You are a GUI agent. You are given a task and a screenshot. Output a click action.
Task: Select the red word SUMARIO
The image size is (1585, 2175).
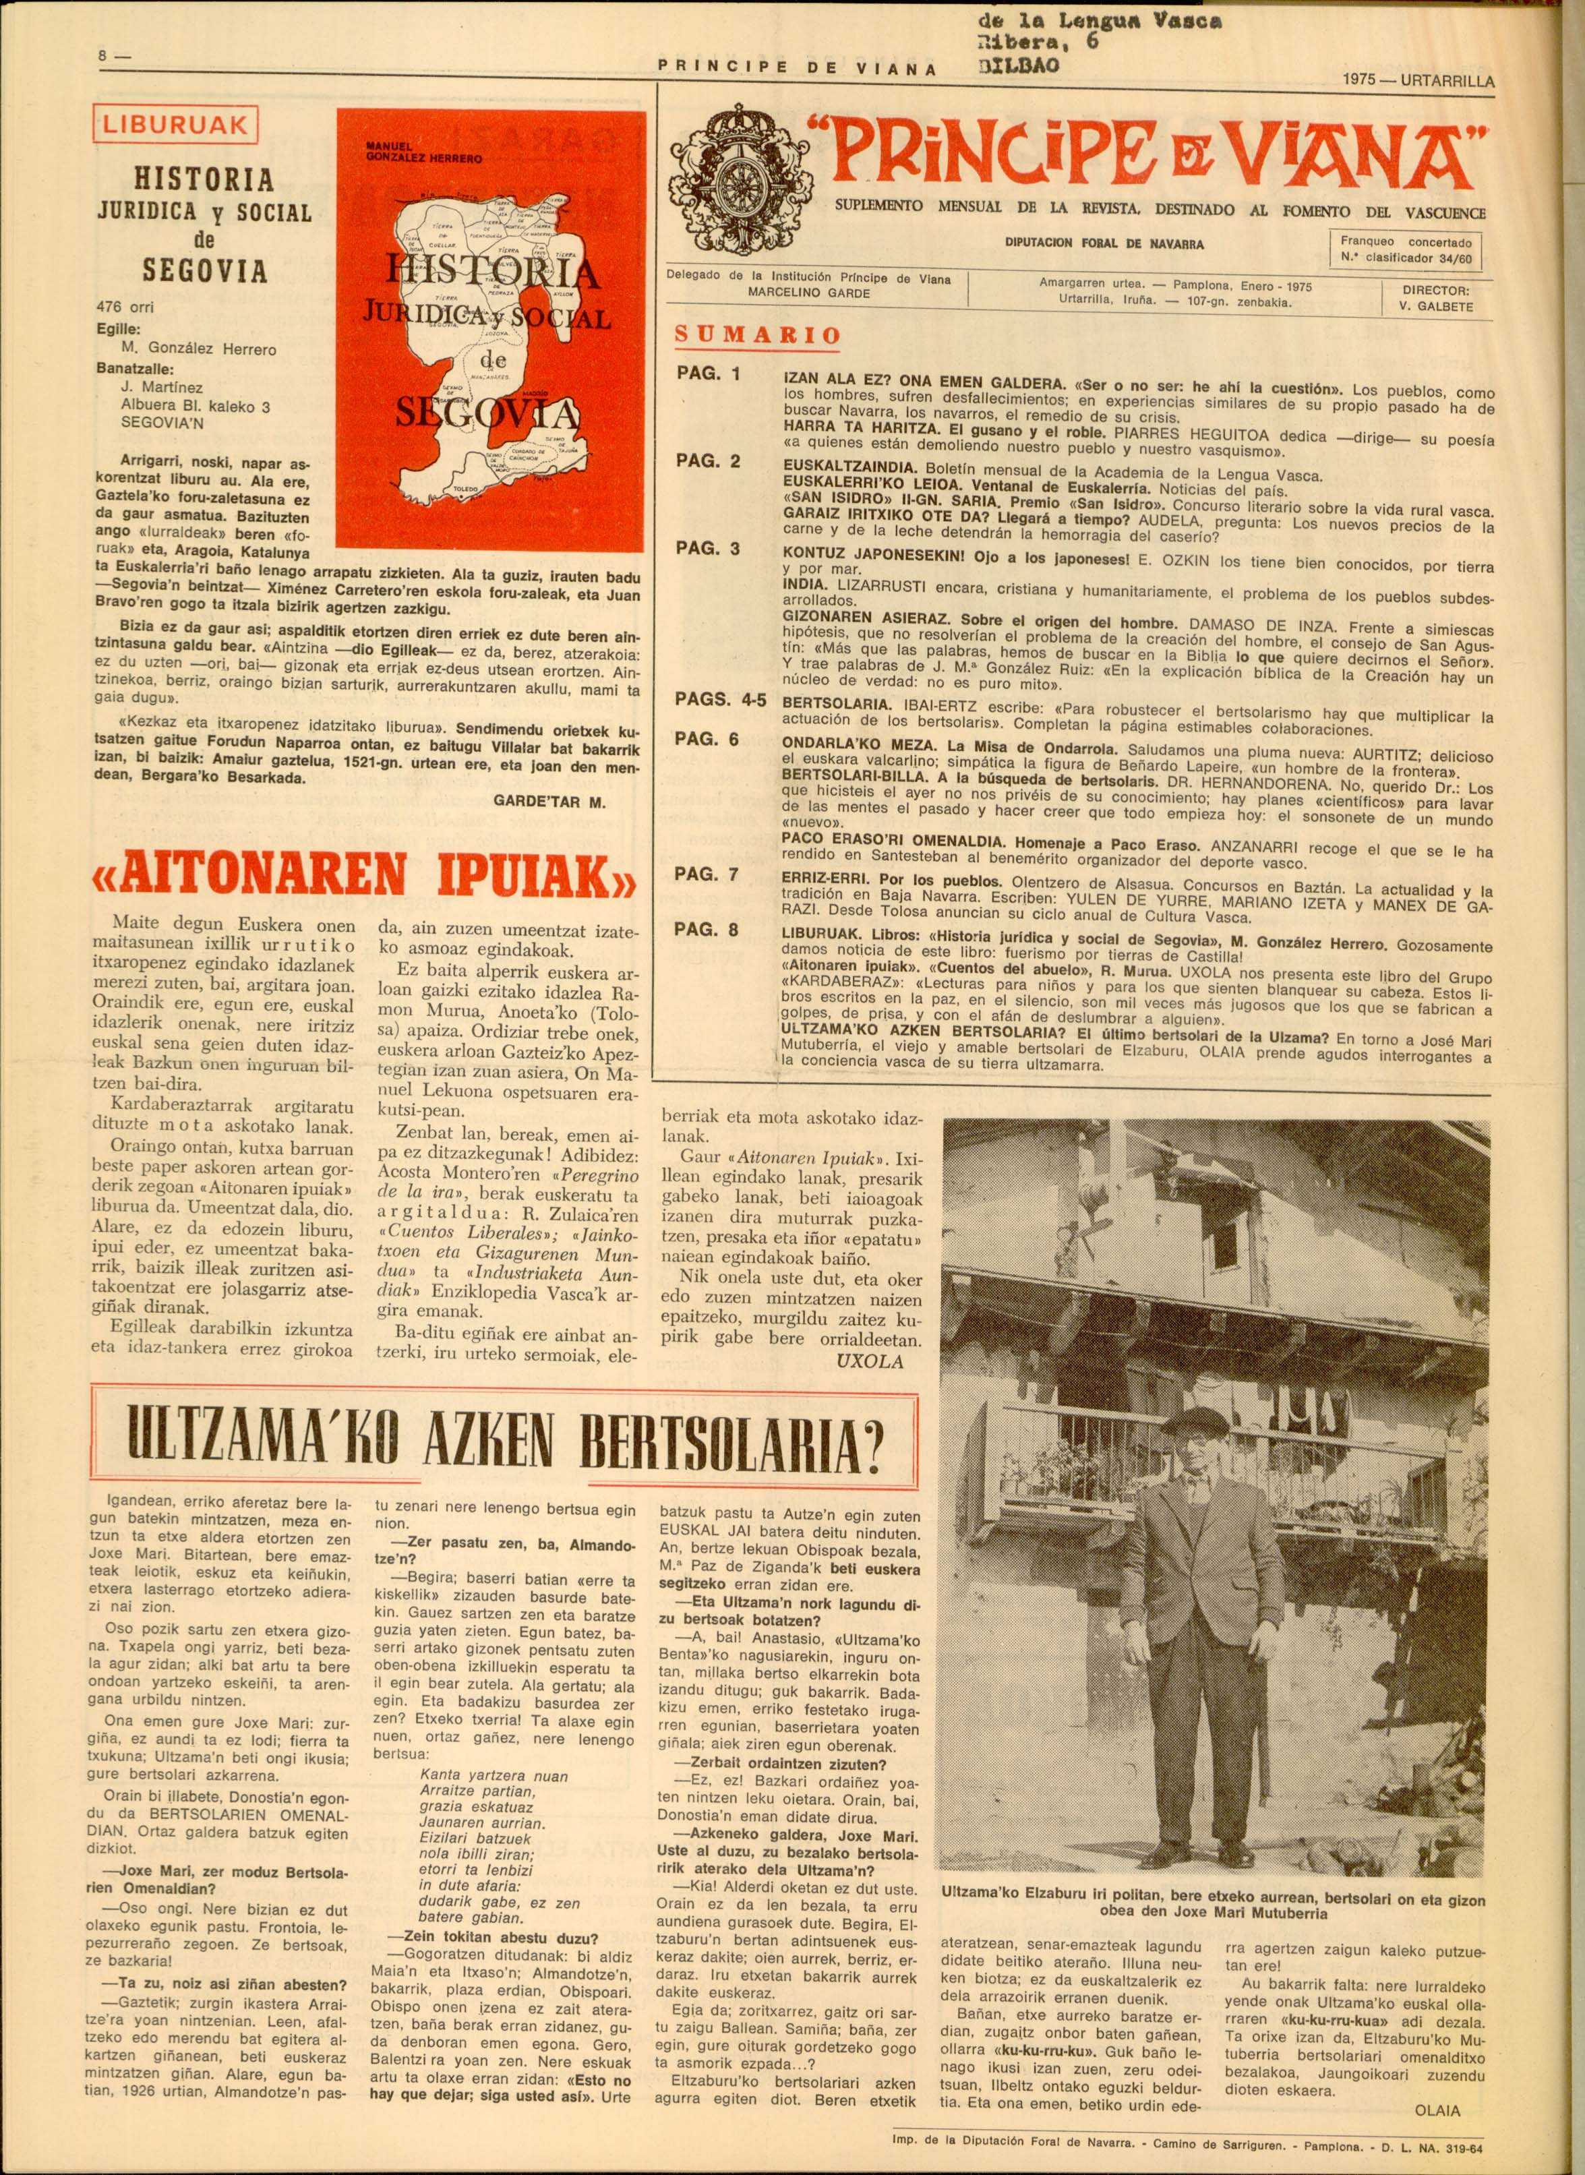coord(758,335)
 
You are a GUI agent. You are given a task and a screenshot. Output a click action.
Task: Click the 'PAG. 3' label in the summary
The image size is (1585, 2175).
coord(707,549)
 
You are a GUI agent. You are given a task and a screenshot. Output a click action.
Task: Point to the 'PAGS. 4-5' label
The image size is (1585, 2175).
coord(719,701)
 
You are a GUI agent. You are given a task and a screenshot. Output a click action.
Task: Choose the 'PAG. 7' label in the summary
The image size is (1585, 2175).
coord(707,874)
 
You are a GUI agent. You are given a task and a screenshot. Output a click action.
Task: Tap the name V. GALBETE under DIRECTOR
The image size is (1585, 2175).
coord(1436,306)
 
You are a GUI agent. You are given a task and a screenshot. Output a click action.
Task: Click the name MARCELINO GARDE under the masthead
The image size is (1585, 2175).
coord(809,293)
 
